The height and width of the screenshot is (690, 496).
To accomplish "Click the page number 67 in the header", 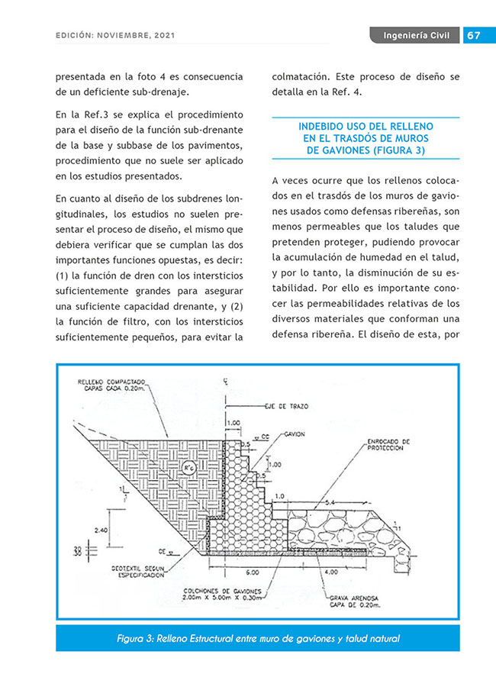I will [x=473, y=36].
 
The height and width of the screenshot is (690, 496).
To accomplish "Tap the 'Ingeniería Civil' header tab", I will [x=416, y=36].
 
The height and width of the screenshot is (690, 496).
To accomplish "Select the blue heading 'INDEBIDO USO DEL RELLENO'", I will [x=366, y=126].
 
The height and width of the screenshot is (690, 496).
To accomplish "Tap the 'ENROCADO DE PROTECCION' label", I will [x=388, y=443].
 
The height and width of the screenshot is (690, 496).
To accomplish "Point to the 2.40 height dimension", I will [x=99, y=528].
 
